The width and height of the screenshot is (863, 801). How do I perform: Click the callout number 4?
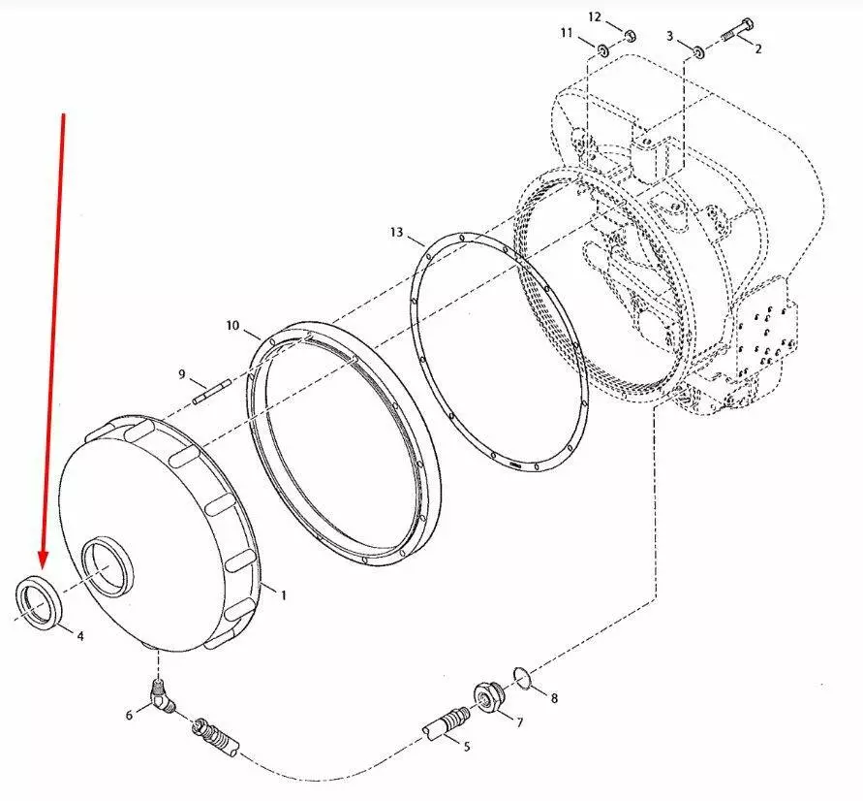coord(80,636)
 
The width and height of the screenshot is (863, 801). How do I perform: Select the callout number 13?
coord(396,233)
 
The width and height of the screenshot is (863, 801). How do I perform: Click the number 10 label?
coord(232,326)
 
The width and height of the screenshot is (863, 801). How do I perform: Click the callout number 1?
coord(284,595)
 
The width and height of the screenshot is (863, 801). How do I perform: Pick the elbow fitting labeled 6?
coord(163,698)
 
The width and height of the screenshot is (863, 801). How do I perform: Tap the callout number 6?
coord(130,715)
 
